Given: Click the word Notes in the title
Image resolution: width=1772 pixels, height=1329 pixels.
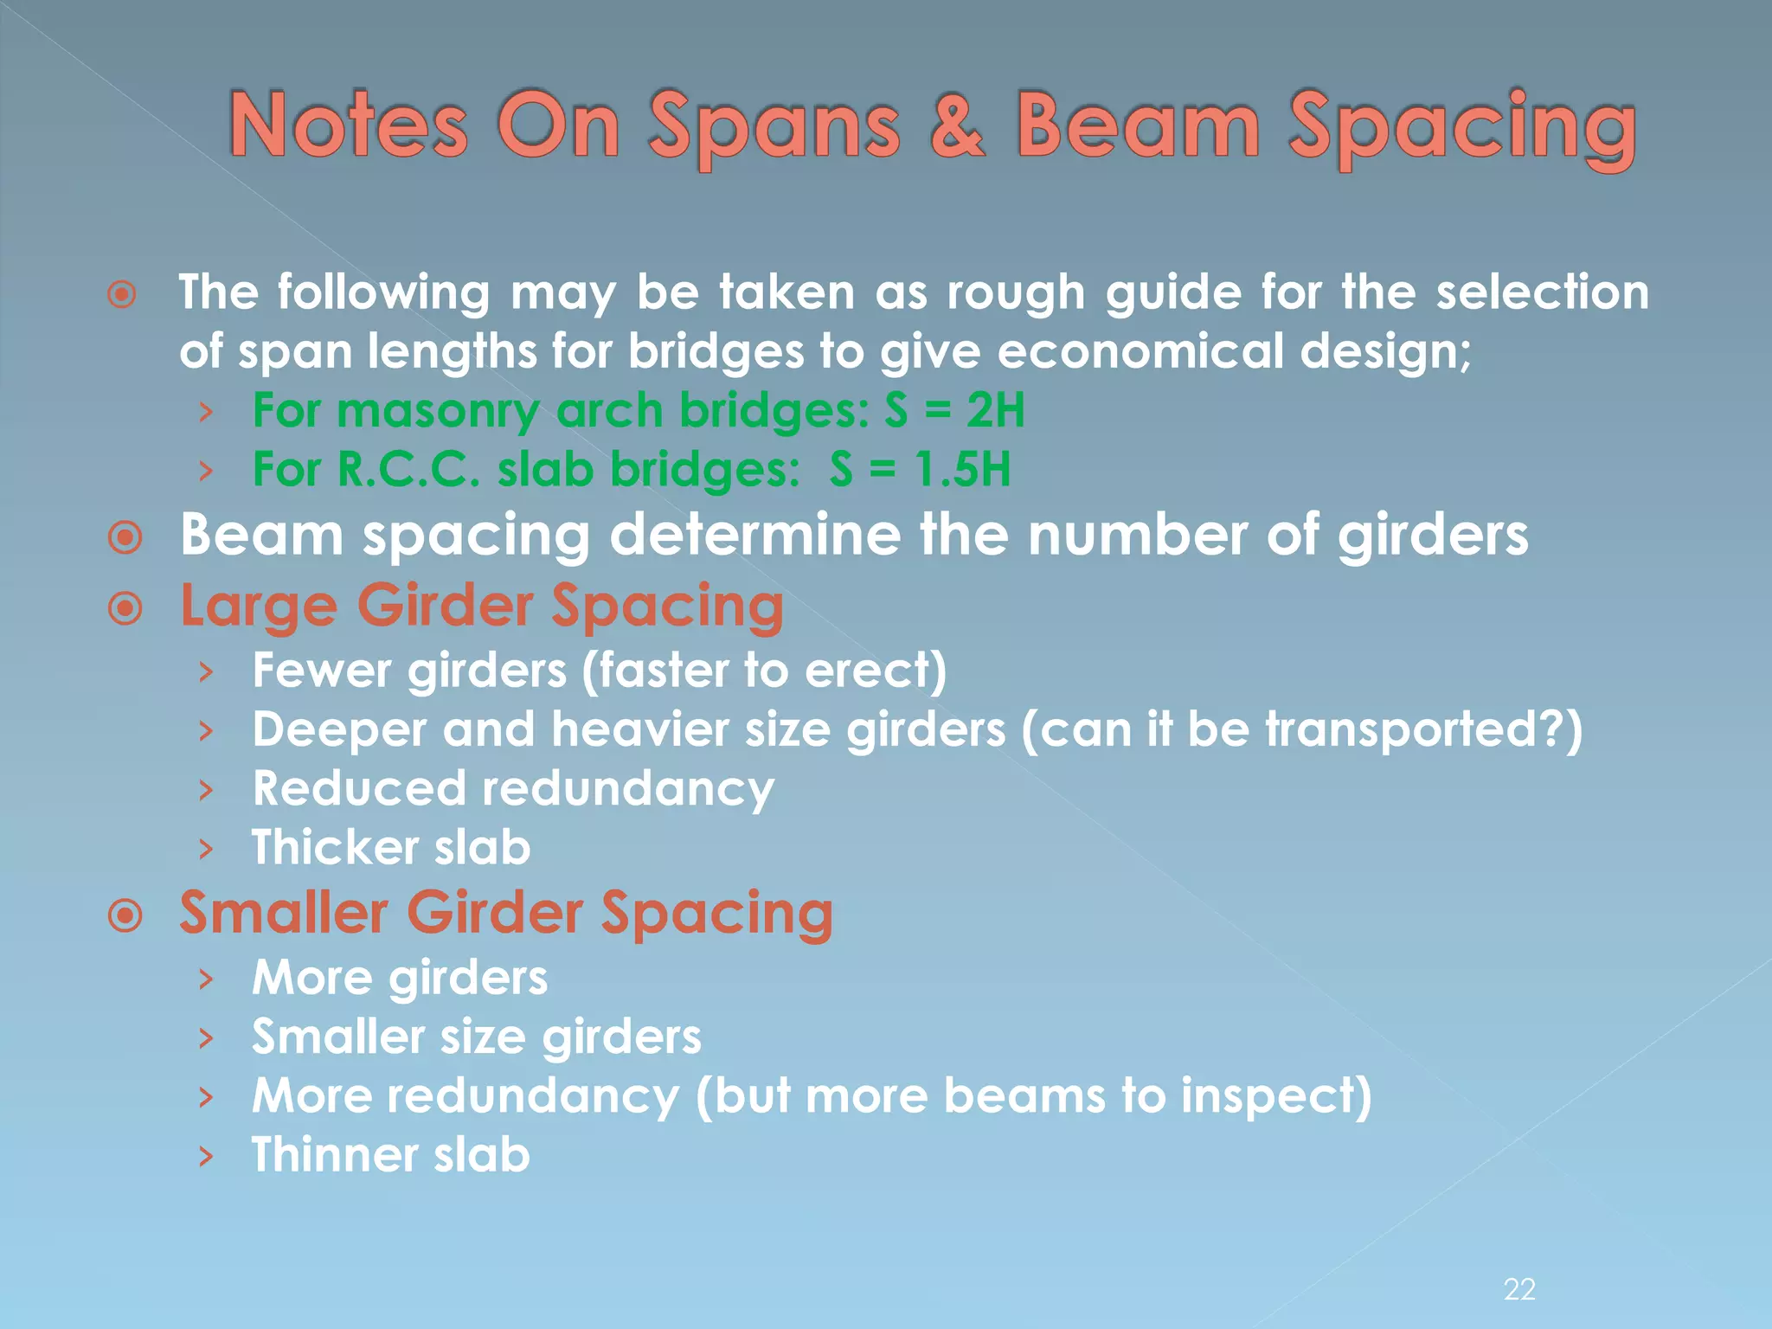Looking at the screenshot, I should (x=349, y=127).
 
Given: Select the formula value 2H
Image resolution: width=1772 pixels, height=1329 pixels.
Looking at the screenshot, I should (x=995, y=410).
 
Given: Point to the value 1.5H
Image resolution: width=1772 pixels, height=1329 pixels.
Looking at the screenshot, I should (x=963, y=470).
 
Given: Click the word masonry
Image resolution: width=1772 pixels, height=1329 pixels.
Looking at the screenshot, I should (x=438, y=412).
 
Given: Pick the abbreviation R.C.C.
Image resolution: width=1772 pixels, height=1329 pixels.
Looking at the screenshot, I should (x=408, y=470).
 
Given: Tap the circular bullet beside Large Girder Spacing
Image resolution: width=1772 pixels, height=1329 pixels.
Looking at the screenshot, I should (x=125, y=609).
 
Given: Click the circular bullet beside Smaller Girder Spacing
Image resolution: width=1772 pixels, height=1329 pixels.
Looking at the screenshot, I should (x=125, y=915).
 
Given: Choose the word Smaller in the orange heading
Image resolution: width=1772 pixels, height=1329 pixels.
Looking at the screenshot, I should (x=284, y=913).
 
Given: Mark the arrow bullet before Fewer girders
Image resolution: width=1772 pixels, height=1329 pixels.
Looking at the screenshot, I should (x=205, y=671).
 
